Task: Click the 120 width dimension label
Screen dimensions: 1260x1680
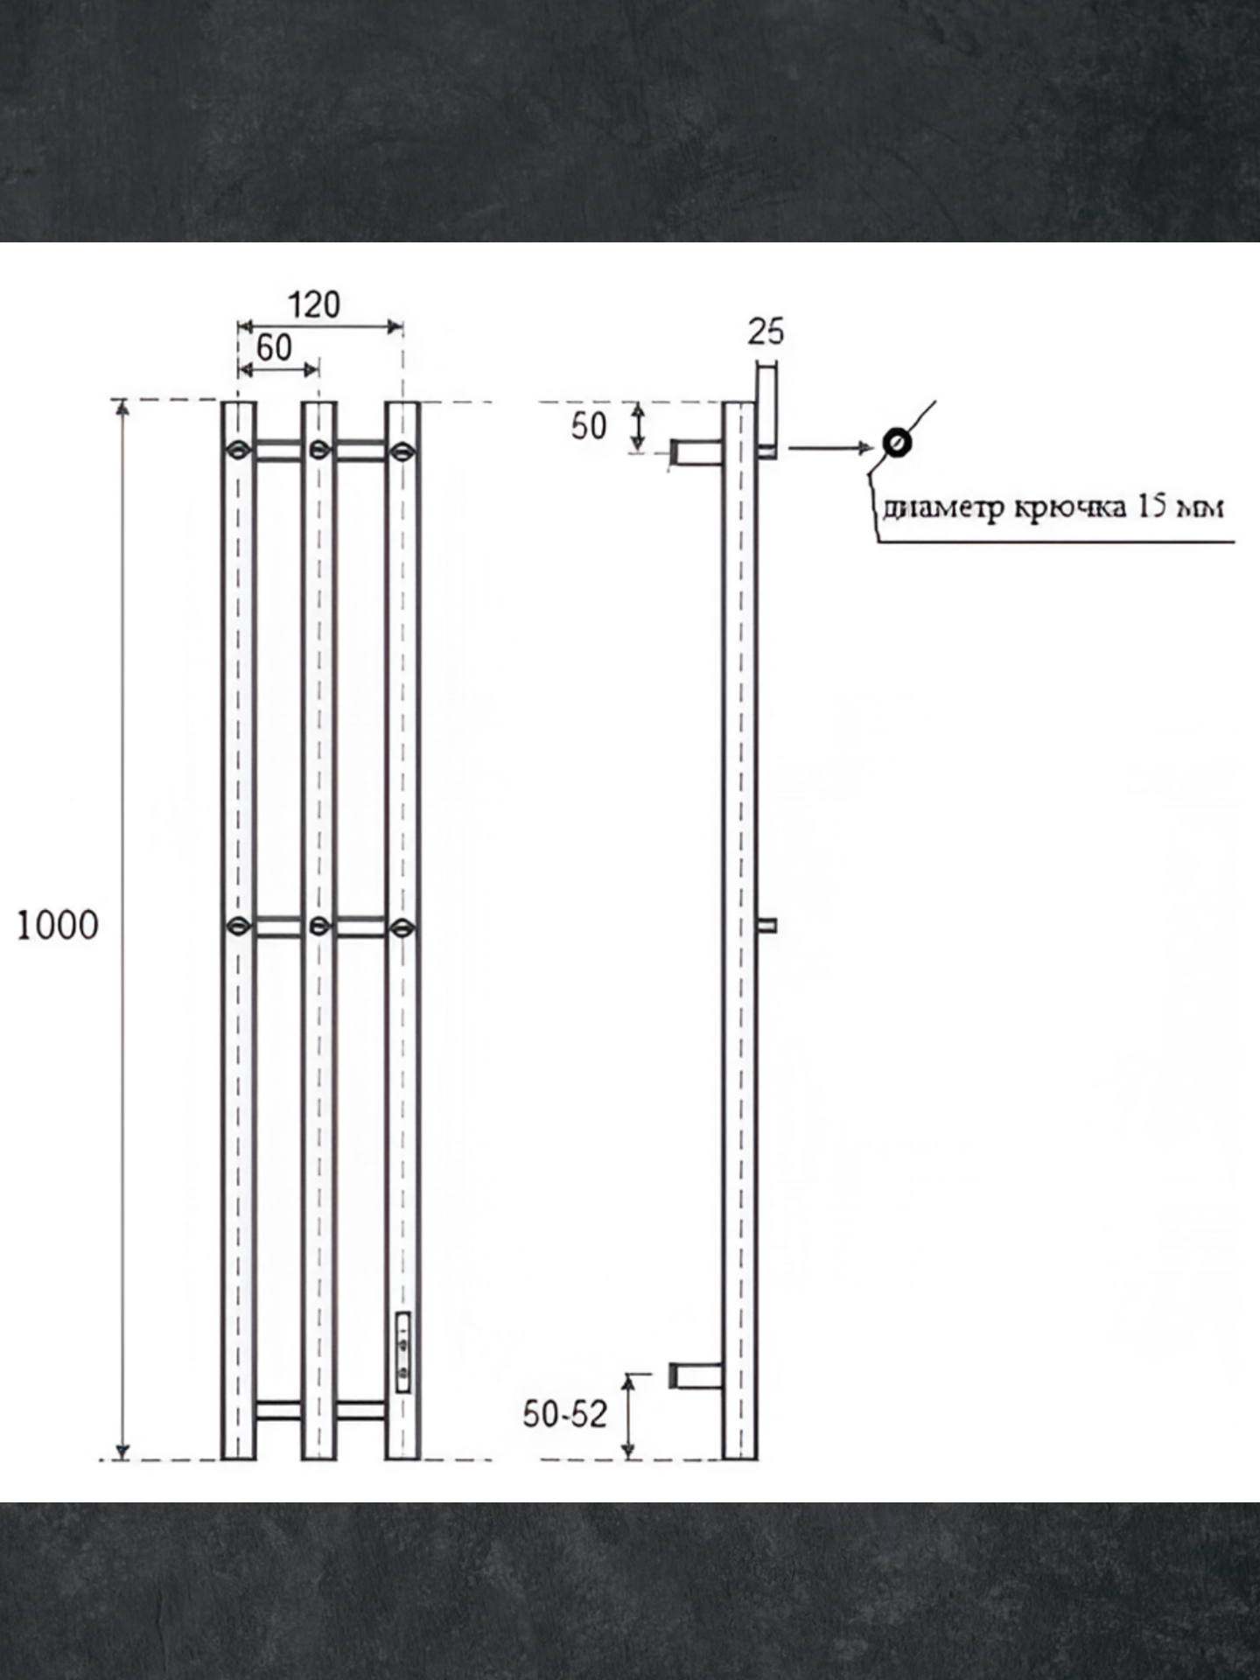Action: [314, 304]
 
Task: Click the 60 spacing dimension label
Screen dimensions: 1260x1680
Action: [274, 347]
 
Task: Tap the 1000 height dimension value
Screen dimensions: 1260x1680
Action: [58, 925]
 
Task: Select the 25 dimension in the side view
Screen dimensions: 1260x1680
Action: [766, 332]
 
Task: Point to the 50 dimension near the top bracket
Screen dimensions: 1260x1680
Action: [589, 426]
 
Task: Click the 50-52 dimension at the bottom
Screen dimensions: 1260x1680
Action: [564, 1413]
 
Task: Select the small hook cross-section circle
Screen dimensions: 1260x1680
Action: [897, 443]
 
